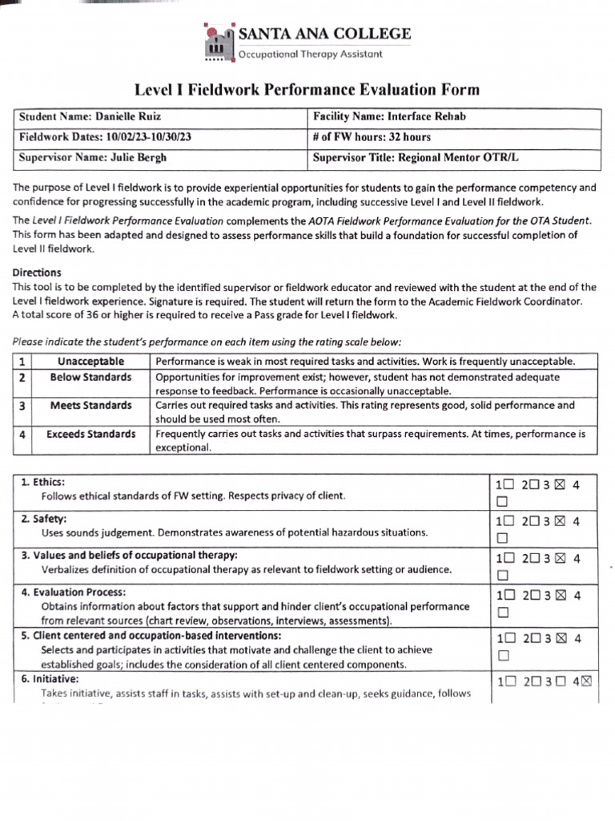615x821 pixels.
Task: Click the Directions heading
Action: (x=37, y=273)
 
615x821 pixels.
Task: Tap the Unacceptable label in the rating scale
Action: (x=90, y=362)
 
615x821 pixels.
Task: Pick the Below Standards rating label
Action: (x=90, y=377)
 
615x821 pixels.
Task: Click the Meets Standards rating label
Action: (x=90, y=406)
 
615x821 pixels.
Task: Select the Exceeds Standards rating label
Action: (x=90, y=435)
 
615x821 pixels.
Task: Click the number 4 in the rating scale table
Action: (x=23, y=435)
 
